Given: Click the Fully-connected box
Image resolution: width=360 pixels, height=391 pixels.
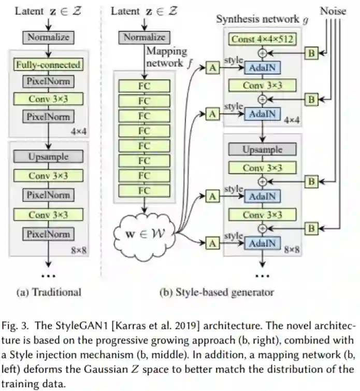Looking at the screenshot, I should (48, 65).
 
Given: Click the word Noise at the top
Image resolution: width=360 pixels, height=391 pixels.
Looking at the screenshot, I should (333, 10).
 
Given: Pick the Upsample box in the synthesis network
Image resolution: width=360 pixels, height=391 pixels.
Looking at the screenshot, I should (263, 149).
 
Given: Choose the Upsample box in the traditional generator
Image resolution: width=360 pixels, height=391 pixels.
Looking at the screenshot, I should (48, 156).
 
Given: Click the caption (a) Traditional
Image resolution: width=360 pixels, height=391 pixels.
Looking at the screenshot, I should (49, 292).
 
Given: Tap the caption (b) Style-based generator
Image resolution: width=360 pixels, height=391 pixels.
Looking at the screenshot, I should (216, 292).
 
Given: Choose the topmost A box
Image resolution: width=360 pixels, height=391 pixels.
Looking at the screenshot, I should (211, 67).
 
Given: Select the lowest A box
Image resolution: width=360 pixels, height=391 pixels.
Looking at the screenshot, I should (211, 242).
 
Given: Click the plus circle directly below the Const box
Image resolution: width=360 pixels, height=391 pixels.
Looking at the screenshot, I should (263, 52).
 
